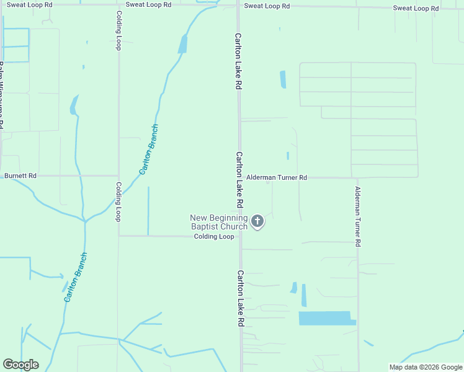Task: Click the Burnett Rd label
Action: point(20,176)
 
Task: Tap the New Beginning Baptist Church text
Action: point(219,222)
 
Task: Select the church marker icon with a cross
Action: point(257,221)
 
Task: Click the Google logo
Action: point(20,365)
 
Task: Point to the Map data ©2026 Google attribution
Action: point(425,367)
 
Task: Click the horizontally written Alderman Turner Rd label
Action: point(277,177)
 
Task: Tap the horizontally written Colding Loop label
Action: point(213,237)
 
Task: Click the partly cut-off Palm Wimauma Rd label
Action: point(2,93)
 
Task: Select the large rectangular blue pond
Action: point(326,318)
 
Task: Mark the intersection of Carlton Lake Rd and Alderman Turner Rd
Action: point(239,177)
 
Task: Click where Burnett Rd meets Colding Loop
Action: point(118,175)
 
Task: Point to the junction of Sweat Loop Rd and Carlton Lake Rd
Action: point(238,6)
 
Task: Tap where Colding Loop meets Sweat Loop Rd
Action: point(118,5)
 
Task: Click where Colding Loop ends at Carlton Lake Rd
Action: point(240,236)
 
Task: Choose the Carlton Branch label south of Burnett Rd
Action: point(74,277)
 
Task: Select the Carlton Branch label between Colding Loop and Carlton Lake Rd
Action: point(149,149)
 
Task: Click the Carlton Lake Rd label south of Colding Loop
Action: point(239,299)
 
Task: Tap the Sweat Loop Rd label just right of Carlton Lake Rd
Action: point(267,6)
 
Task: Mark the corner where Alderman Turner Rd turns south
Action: point(357,178)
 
